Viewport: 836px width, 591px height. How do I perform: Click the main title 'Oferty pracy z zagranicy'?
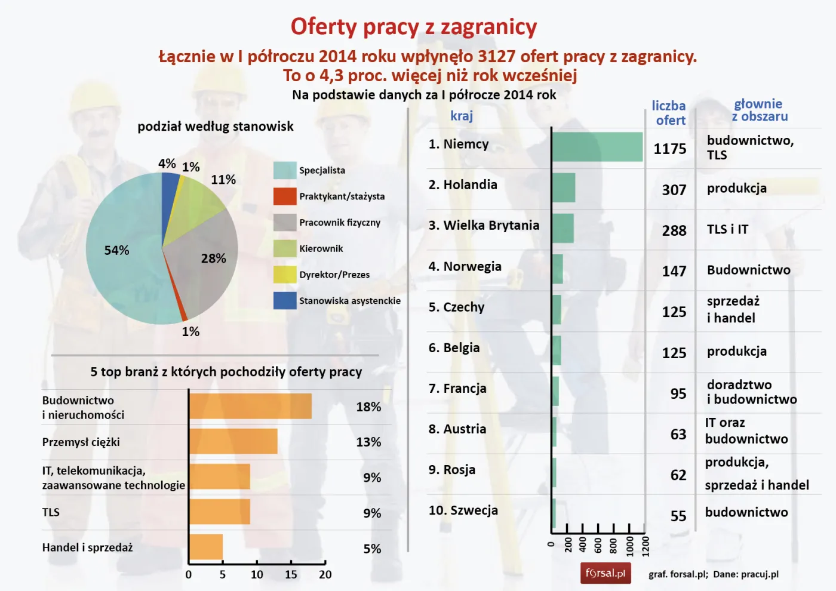[413, 27]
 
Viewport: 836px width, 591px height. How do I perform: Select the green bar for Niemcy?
[597, 147]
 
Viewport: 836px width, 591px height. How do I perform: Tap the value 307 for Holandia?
[674, 190]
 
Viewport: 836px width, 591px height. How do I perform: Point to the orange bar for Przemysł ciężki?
[233, 441]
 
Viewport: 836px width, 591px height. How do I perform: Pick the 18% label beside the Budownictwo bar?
[368, 407]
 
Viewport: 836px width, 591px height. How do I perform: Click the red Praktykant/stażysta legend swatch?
[285, 196]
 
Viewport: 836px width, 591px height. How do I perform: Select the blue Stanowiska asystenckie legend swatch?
[285, 300]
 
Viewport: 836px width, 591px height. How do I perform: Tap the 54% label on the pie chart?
[116, 251]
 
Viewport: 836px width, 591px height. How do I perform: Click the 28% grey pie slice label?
[213, 258]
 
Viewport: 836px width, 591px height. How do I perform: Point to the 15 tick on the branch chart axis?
[291, 574]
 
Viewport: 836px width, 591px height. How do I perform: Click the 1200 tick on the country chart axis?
[645, 546]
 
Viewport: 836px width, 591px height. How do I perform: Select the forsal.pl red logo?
[606, 573]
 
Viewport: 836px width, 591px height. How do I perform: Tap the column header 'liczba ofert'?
[669, 113]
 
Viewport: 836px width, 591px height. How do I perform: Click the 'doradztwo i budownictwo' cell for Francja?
[751, 392]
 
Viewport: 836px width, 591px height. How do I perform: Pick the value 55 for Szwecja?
[678, 516]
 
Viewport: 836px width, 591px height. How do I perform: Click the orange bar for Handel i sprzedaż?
[206, 547]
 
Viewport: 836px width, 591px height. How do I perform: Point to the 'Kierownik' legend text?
[321, 248]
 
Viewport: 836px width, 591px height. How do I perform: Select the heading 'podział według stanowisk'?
[216, 127]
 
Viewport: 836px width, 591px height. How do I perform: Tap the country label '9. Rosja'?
[452, 470]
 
